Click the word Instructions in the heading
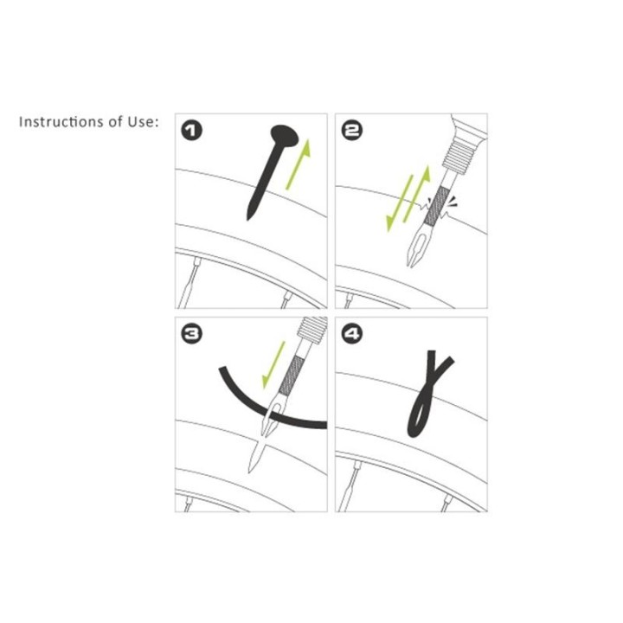62,122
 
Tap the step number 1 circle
192,131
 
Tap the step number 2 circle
352,131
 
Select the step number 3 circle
192,334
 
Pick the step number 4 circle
352,334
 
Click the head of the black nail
285,136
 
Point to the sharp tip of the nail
248,219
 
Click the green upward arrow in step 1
299,164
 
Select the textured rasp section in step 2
436,206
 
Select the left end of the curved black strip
222,369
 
